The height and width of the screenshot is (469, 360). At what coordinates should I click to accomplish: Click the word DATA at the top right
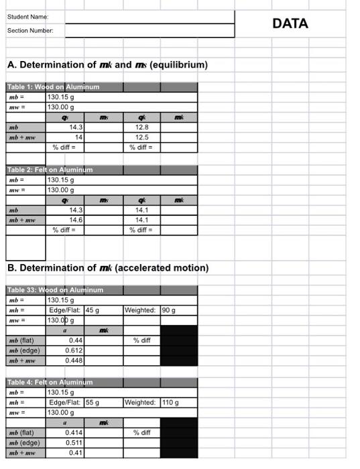290,23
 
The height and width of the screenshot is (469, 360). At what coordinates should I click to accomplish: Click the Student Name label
27,17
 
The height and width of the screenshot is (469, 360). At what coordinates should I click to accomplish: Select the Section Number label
30,31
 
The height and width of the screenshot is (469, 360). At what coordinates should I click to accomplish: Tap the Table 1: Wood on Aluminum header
53,87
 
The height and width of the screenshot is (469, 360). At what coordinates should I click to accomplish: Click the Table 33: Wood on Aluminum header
55,290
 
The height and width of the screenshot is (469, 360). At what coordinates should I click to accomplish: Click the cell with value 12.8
141,127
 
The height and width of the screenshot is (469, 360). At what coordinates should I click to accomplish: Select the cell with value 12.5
141,137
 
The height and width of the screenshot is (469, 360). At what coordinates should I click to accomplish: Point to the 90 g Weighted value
168,310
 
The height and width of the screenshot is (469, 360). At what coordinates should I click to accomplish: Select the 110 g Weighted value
170,403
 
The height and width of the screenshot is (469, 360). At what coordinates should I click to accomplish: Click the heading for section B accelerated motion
108,268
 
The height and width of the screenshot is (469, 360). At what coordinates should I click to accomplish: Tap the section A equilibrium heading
107,65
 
